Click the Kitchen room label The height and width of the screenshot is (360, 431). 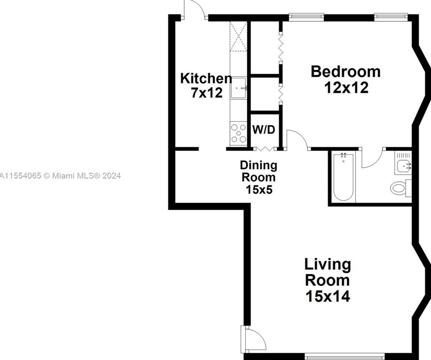tap(206, 78)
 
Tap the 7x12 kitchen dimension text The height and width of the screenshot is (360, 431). tap(207, 93)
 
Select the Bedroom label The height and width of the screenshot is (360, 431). tap(346, 72)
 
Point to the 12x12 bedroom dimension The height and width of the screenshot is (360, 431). tap(346, 88)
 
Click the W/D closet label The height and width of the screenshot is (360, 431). tap(264, 130)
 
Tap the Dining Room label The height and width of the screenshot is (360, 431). tap(259, 171)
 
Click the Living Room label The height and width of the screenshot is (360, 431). tap(327, 272)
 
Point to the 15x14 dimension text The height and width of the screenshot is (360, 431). tap(328, 296)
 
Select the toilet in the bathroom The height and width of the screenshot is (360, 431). tap(400, 188)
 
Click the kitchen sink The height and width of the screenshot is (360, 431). tap(238, 88)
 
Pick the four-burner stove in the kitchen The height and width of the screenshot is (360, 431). tap(238, 132)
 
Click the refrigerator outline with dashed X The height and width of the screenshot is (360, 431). tap(238, 37)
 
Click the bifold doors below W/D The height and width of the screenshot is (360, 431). tap(264, 148)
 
